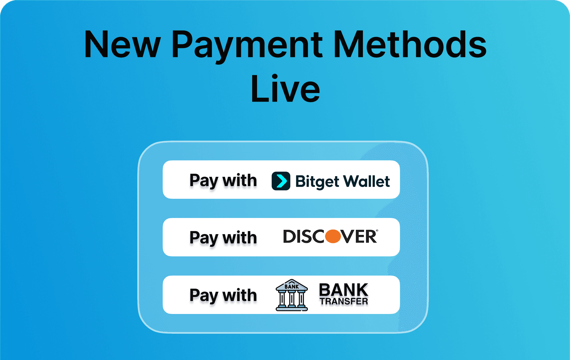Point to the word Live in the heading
tap(285, 89)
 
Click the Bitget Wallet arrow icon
tap(281, 181)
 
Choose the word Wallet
tap(367, 181)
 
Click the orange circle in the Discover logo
tap(333, 236)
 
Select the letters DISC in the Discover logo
tap(304, 237)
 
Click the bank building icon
tap(292, 295)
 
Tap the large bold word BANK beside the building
tap(344, 290)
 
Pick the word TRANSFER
tap(344, 301)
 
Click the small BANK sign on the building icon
tap(292, 287)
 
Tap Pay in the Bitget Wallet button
tap(204, 181)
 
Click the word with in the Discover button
tap(240, 237)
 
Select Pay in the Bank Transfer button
tap(204, 296)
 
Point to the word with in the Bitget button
tap(240, 180)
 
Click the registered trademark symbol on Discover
tap(377, 231)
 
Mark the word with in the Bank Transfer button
tap(240, 295)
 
